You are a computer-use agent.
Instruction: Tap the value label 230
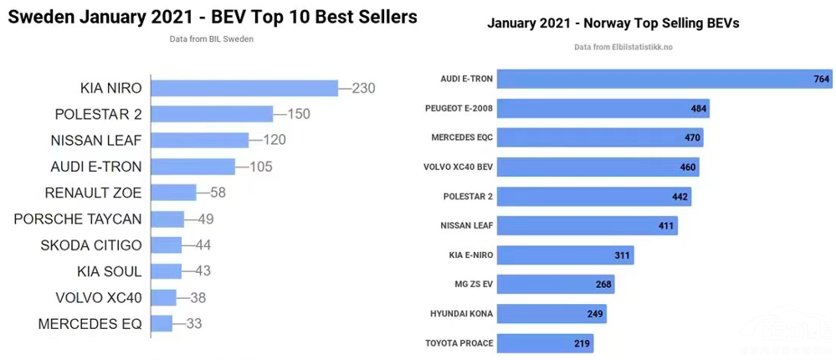(363, 88)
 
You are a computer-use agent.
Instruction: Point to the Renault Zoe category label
(93, 193)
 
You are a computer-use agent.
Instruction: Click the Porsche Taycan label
(78, 219)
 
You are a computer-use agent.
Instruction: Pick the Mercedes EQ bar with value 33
(162, 323)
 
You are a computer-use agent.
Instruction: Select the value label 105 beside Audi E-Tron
(261, 167)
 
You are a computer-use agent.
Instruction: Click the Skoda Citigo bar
(166, 245)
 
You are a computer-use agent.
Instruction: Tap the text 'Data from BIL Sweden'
(212, 39)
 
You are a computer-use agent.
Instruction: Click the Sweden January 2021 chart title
(212, 16)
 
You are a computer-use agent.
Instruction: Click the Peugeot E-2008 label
(459, 108)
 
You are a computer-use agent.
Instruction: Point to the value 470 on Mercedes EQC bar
(692, 137)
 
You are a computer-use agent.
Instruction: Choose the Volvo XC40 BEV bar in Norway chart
(599, 167)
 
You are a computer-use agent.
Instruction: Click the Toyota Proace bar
(546, 342)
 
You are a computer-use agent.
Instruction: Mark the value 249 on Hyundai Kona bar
(594, 313)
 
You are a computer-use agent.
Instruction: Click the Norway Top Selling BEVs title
(613, 23)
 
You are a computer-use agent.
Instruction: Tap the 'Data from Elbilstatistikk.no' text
(623, 47)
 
